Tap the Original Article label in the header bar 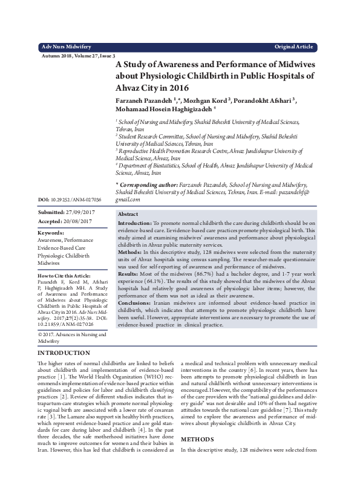293,47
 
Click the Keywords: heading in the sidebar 51,232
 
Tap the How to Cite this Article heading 65,275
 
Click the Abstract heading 128,215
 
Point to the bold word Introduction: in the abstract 134,224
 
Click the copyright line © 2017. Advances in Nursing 71,334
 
